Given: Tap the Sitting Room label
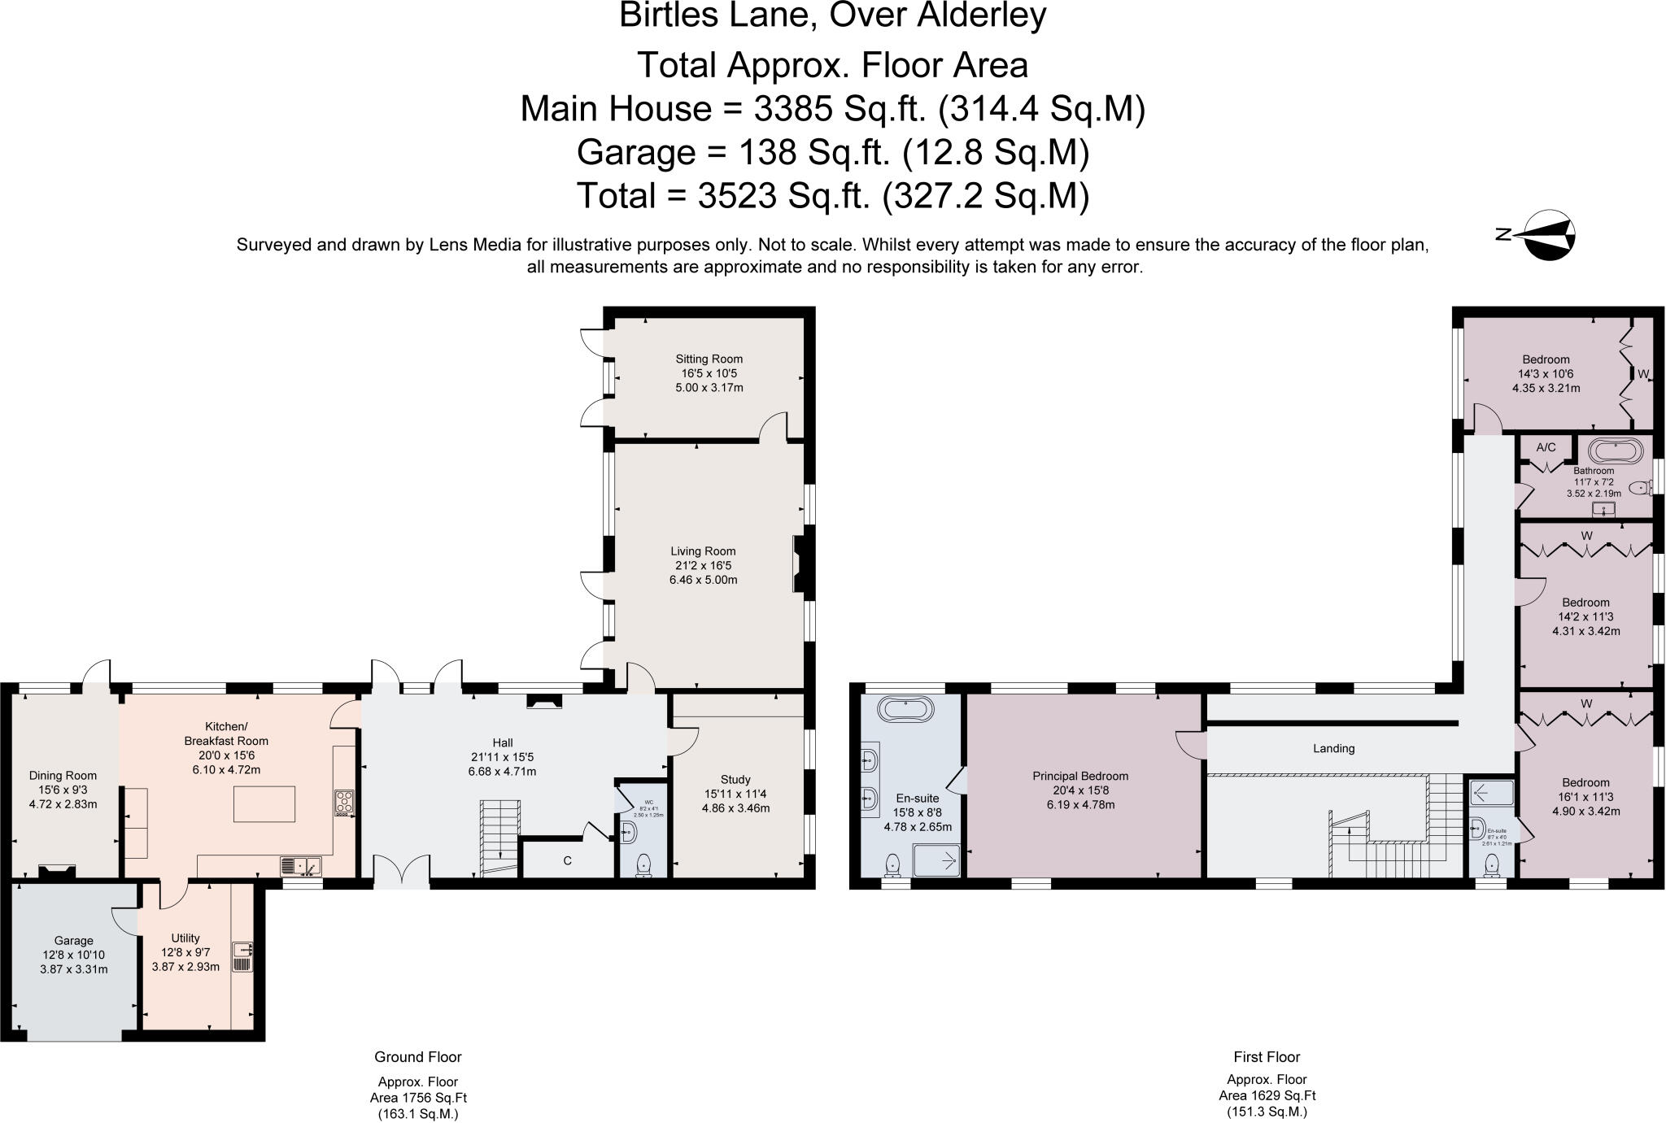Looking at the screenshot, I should pyautogui.click(x=709, y=359).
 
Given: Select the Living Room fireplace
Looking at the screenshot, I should pyautogui.click(x=797, y=564).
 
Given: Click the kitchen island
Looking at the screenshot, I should pyautogui.click(x=264, y=804).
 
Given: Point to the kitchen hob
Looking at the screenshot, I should pyautogui.click(x=343, y=803).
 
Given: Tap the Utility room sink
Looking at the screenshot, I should pyautogui.click(x=243, y=950).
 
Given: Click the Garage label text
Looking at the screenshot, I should pyautogui.click(x=73, y=940).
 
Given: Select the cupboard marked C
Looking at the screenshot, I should pyautogui.click(x=567, y=860).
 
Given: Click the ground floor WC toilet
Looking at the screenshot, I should pyautogui.click(x=643, y=864).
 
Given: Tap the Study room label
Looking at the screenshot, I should pyautogui.click(x=735, y=779).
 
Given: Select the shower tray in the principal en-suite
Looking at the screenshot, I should pyautogui.click(x=936, y=860).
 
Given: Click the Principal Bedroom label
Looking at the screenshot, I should pyautogui.click(x=1080, y=776).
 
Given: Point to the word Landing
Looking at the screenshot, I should pyautogui.click(x=1333, y=748).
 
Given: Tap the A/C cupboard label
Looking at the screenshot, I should pyautogui.click(x=1546, y=447).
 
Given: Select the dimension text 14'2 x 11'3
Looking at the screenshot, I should pyautogui.click(x=1585, y=616).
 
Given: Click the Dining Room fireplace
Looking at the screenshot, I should pyautogui.click(x=58, y=872).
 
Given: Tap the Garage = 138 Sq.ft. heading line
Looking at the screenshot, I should pyautogui.click(x=832, y=152).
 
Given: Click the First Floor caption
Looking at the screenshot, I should pyautogui.click(x=1267, y=1057).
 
